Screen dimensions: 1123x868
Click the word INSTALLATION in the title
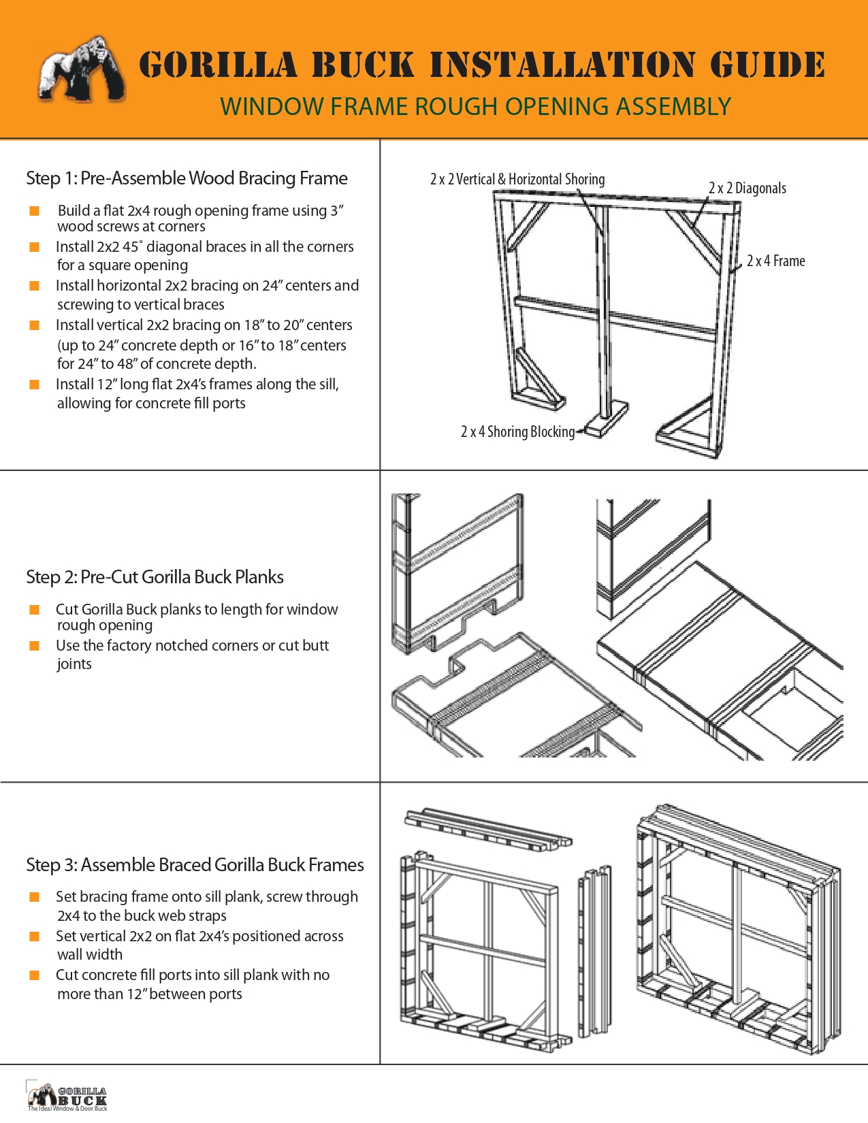click(x=562, y=65)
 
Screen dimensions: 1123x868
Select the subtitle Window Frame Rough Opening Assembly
click(x=475, y=107)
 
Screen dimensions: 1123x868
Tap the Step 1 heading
click(x=187, y=178)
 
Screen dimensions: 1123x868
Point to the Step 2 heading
click(x=155, y=577)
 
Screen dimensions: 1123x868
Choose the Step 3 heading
click(x=195, y=865)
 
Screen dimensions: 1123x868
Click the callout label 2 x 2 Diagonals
click(x=747, y=189)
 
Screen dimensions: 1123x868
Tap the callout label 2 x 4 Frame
click(x=775, y=261)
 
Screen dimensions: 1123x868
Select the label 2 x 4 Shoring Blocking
click(x=517, y=432)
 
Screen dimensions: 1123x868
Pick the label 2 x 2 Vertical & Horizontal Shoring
click(x=517, y=180)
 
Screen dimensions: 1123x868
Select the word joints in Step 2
click(x=74, y=665)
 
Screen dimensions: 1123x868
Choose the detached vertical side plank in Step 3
click(x=594, y=953)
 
